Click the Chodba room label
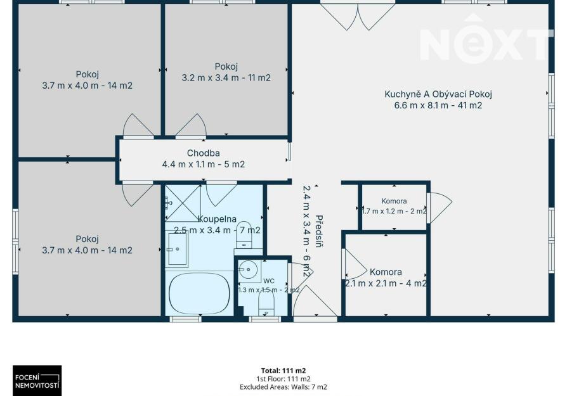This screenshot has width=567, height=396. pyautogui.click(x=203, y=153)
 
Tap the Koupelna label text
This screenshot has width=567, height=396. pyautogui.click(x=218, y=219)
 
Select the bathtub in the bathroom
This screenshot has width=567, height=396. pyautogui.click(x=199, y=294)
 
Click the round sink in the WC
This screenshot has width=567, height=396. pyautogui.click(x=248, y=269)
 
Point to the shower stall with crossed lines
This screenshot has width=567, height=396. pyautogui.click(x=183, y=203)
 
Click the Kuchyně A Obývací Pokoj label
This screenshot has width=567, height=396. pyautogui.click(x=438, y=94)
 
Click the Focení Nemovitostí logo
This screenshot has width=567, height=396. pyautogui.click(x=37, y=381)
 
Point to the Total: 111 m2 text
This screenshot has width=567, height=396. pyautogui.click(x=283, y=371)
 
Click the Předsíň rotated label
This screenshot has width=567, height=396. pyautogui.click(x=318, y=231)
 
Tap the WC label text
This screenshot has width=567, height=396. pyautogui.click(x=269, y=281)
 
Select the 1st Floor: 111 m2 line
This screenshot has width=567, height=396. pyautogui.click(x=283, y=379)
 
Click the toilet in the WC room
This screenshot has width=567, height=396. pyautogui.click(x=266, y=303)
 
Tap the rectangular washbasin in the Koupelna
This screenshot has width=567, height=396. pyautogui.click(x=176, y=250)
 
